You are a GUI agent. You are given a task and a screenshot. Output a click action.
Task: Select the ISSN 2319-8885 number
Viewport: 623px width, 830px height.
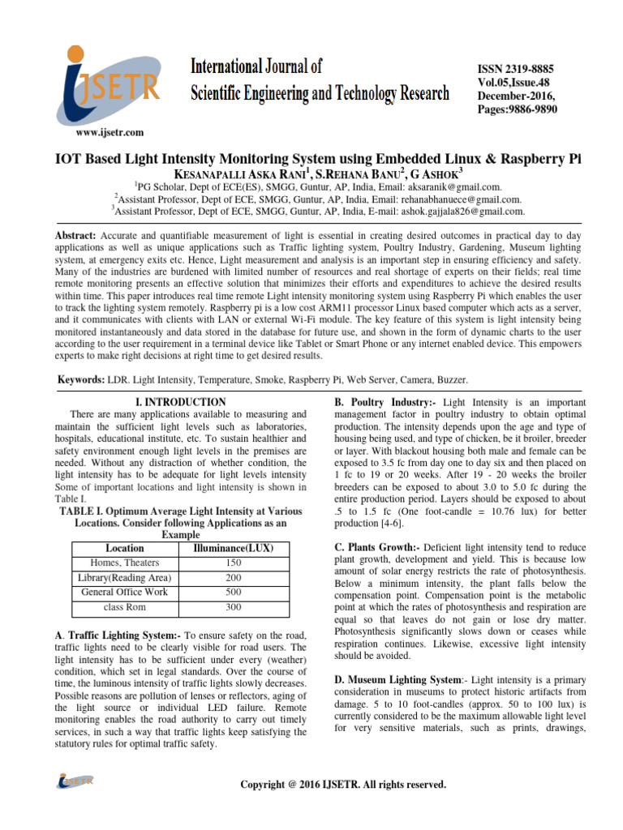518,71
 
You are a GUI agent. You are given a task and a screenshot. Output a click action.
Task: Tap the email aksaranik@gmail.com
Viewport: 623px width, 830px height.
453,186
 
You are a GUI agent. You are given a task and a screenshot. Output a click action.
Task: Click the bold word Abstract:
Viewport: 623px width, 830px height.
75,235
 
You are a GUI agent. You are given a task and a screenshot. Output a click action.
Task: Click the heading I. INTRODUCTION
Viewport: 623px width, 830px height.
178,401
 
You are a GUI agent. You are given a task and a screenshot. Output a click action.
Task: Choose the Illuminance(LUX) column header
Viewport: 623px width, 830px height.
234,548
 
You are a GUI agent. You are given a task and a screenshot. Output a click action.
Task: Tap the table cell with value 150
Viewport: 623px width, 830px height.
234,563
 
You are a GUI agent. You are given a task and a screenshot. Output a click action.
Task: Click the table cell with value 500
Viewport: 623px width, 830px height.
234,592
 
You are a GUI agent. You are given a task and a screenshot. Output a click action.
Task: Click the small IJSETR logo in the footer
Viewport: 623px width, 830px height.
75,781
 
